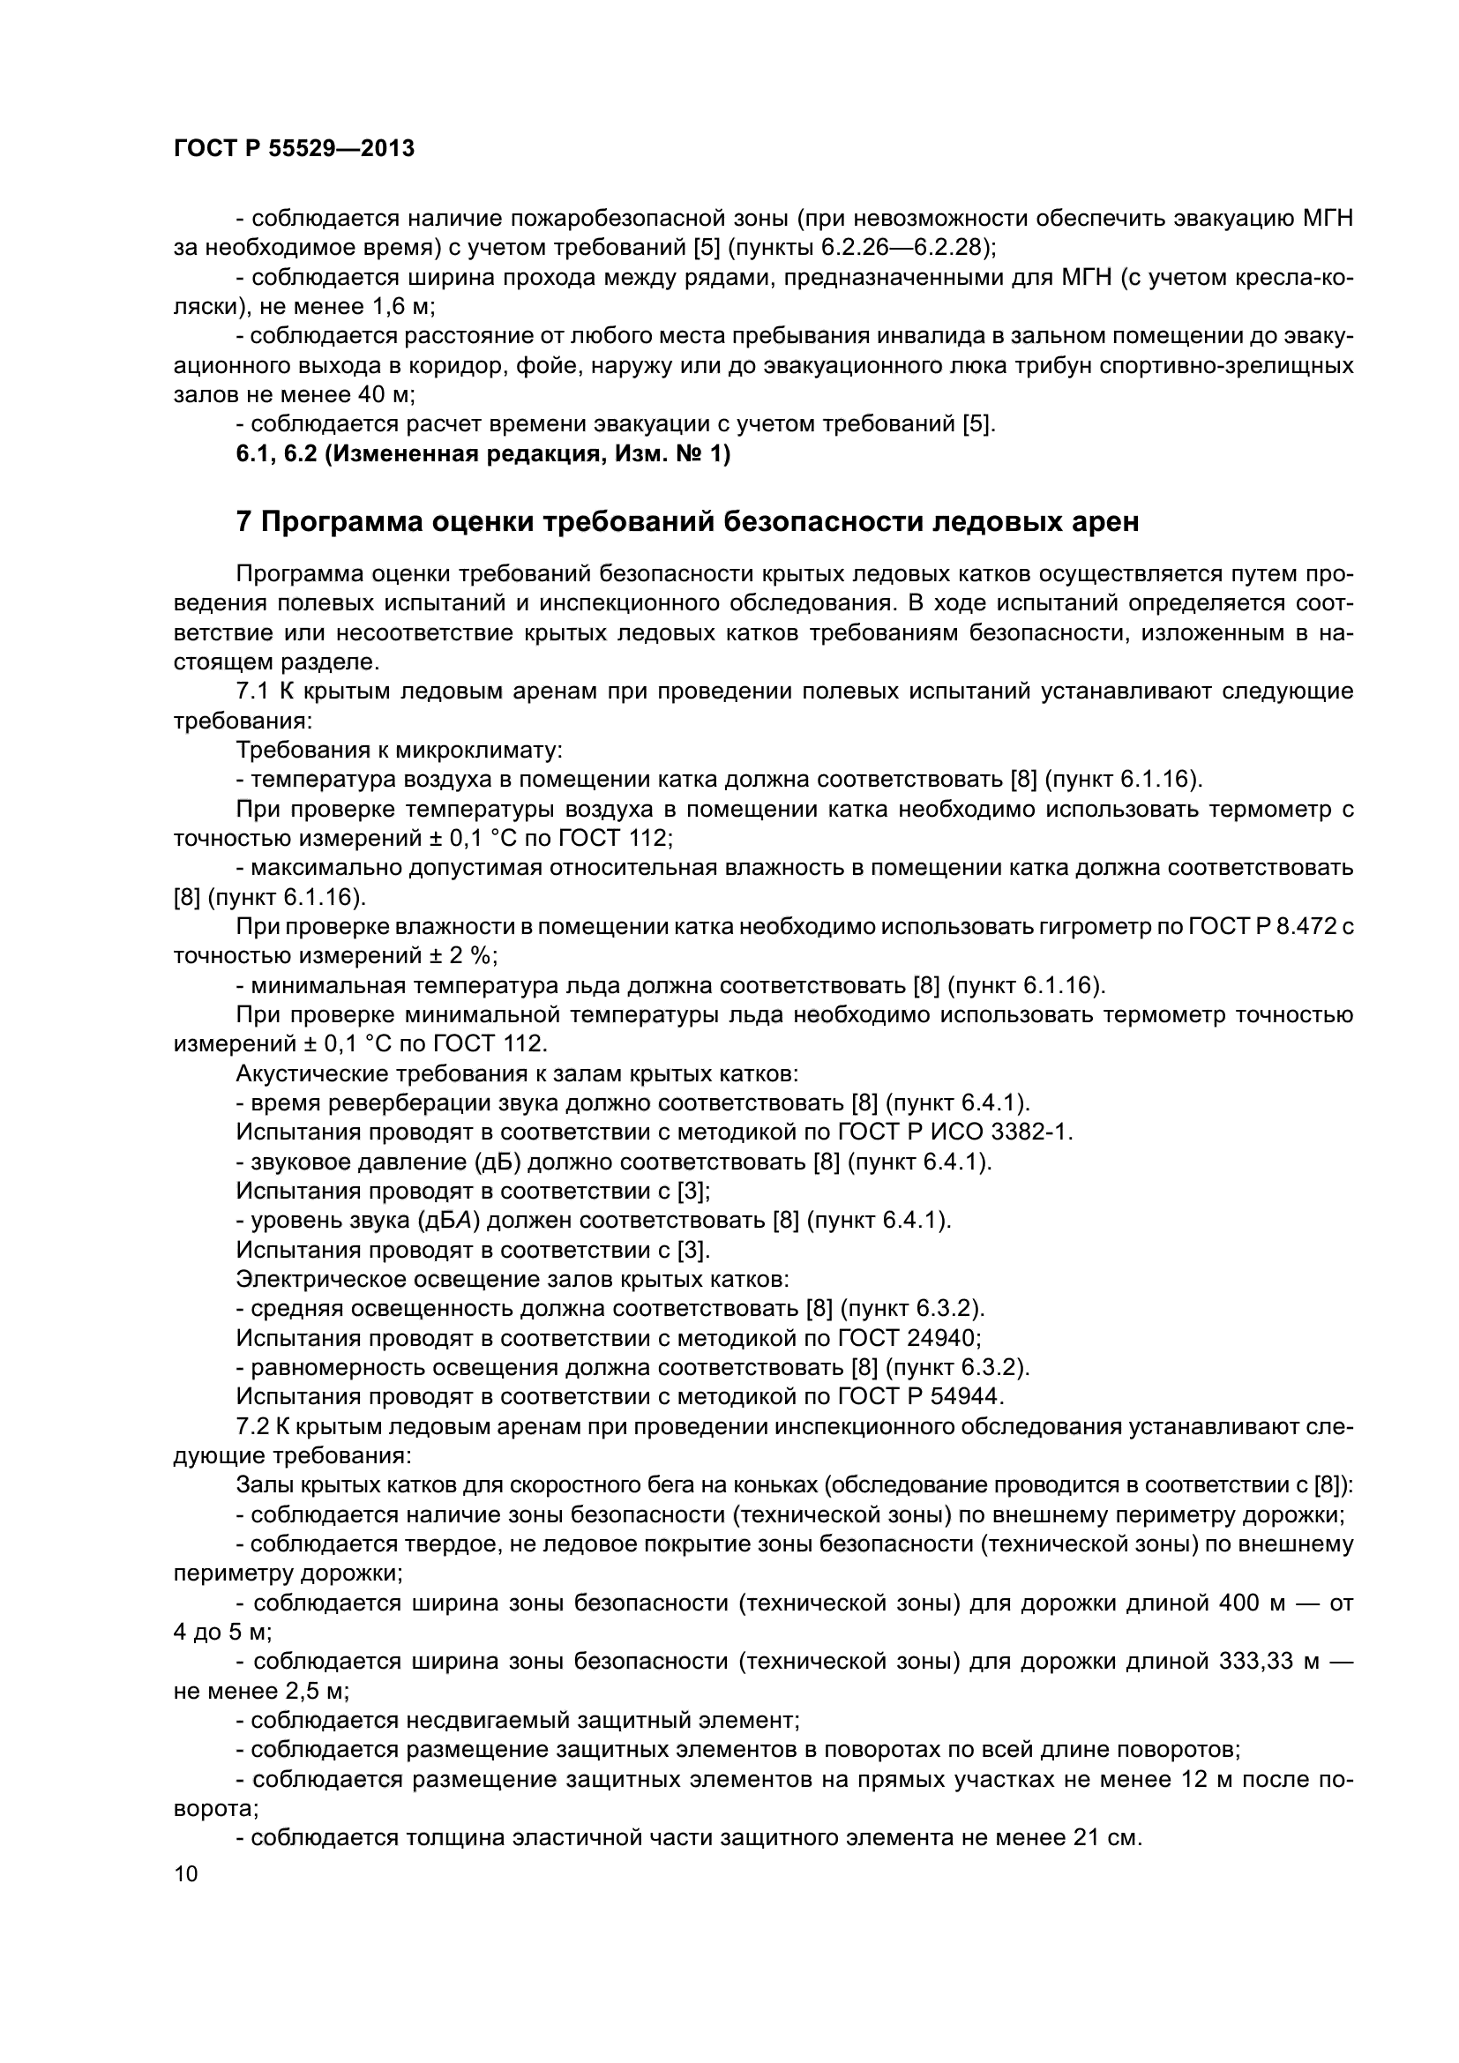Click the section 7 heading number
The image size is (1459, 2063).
tap(243, 522)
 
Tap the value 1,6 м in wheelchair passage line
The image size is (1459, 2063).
tap(400, 307)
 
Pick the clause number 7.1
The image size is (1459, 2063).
tap(251, 691)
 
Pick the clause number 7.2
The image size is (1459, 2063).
tap(251, 1426)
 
